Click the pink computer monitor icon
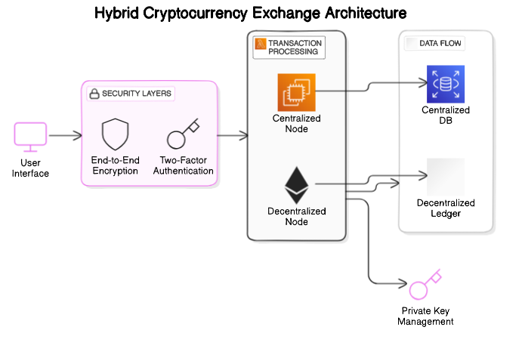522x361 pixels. point(31,137)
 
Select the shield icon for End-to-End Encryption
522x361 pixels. point(116,134)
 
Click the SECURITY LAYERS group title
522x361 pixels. point(137,94)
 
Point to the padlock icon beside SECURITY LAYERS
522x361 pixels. point(94,94)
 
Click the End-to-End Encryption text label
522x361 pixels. point(115,165)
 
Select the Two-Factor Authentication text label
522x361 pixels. point(184,165)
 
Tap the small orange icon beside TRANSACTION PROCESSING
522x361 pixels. point(261,44)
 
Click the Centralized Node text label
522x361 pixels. point(296,124)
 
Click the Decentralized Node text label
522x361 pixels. point(296,216)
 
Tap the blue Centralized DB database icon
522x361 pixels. point(446,84)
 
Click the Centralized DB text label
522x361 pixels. point(446,115)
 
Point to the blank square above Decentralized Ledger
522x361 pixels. point(446,177)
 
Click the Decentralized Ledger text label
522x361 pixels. point(446,208)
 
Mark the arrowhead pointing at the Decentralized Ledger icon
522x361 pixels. point(424,176)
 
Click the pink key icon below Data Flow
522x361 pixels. point(425,285)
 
